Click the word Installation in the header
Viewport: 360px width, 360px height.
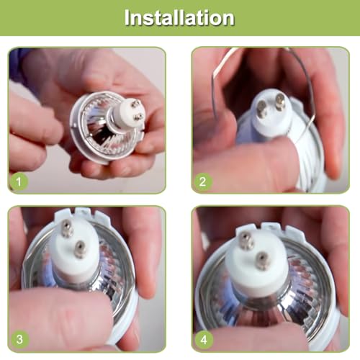point(179,17)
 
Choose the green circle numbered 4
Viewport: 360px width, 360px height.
point(204,338)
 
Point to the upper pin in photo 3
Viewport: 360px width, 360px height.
point(67,230)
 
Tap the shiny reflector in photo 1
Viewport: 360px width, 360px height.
point(97,130)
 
